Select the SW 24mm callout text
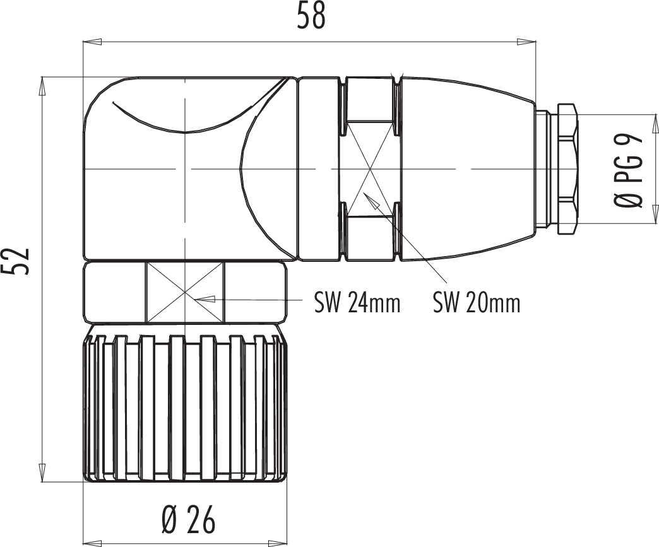(x=357, y=302)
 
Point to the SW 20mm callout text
(x=477, y=302)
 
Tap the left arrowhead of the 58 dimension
(x=92, y=42)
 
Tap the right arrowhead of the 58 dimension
(x=526, y=42)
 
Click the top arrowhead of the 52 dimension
(x=42, y=86)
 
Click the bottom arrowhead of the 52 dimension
(x=42, y=471)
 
